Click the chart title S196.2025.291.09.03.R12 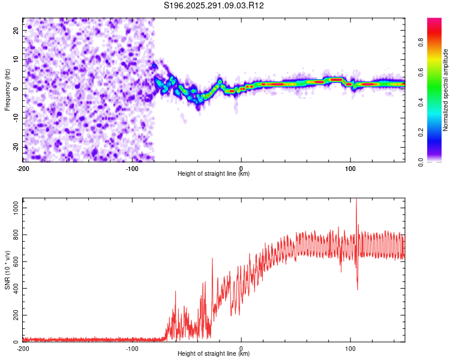(x=214, y=6)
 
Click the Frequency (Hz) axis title (x=7, y=90)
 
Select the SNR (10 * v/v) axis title (x=7, y=270)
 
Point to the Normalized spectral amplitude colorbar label (x=446, y=90)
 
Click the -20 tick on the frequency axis (x=16, y=147)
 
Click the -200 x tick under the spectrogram (x=23, y=167)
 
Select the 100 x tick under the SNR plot (x=350, y=348)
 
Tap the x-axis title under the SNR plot (x=214, y=354)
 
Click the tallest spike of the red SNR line (x=356, y=200)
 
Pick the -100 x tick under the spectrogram (x=132, y=167)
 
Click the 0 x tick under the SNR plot (x=241, y=348)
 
